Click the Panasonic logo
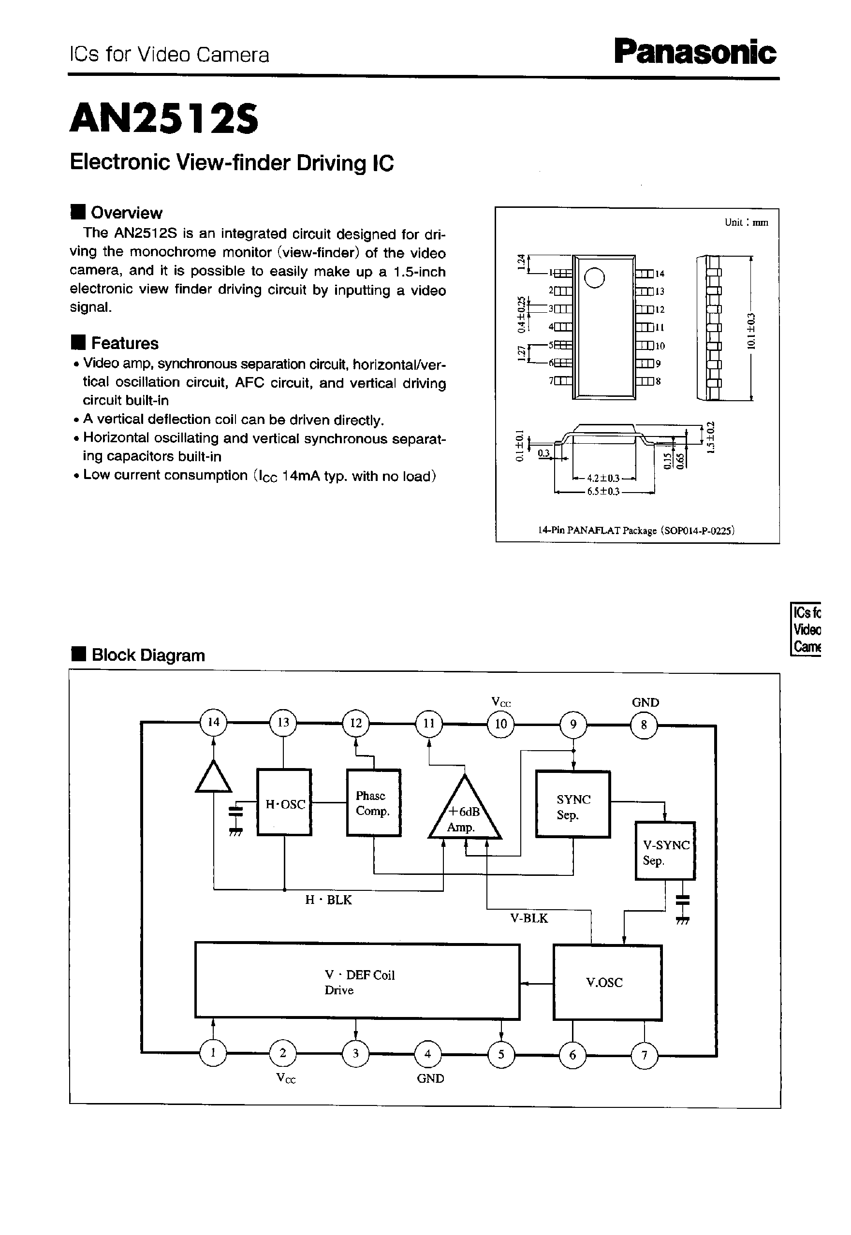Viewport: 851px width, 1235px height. click(x=695, y=52)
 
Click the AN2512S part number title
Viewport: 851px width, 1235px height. click(x=164, y=118)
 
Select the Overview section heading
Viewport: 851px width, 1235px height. click(x=126, y=212)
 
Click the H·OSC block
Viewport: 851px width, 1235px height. click(x=284, y=802)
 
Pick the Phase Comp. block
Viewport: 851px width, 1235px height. click(x=373, y=802)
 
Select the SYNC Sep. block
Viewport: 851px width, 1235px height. click(x=572, y=804)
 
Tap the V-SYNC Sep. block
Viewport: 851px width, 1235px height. click(x=665, y=851)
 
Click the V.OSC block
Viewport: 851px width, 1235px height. click(x=607, y=982)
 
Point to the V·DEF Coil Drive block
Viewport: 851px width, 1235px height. click(x=357, y=982)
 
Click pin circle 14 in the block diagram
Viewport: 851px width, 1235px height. click(x=213, y=723)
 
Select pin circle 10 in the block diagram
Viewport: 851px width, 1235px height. click(x=500, y=724)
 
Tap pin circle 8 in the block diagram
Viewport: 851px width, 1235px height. click(x=644, y=725)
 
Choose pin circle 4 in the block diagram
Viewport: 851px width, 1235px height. click(x=427, y=1054)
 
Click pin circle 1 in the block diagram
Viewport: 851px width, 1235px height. click(x=213, y=1053)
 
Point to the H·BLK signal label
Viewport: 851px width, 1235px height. click(x=328, y=900)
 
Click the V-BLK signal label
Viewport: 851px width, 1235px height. click(x=529, y=918)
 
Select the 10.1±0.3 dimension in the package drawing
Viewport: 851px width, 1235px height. click(x=751, y=331)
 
